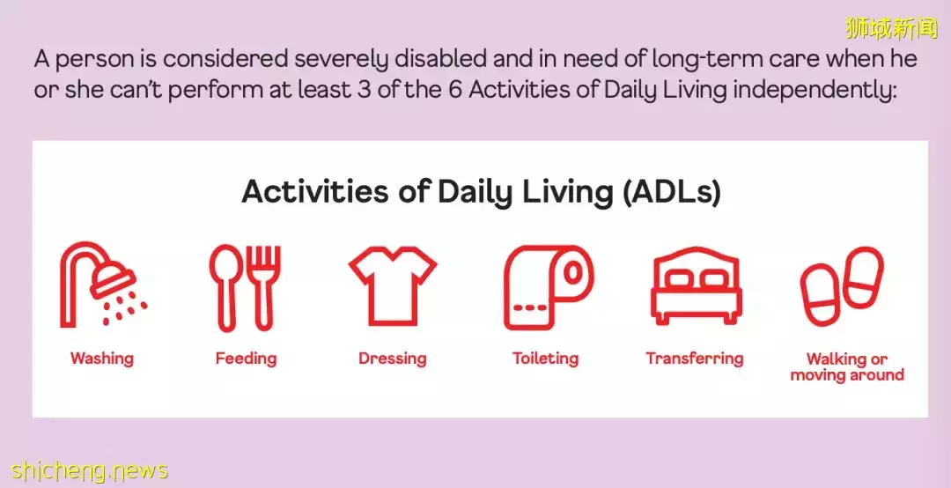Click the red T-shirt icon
[393, 286]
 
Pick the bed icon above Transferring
[697, 285]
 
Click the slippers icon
[842, 285]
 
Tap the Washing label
[102, 359]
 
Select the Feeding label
[246, 359]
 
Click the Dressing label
[393, 359]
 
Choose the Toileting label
[545, 359]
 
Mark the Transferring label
[695, 359]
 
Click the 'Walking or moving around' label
[847, 367]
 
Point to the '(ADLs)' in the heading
[671, 192]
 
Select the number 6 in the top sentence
[455, 90]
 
